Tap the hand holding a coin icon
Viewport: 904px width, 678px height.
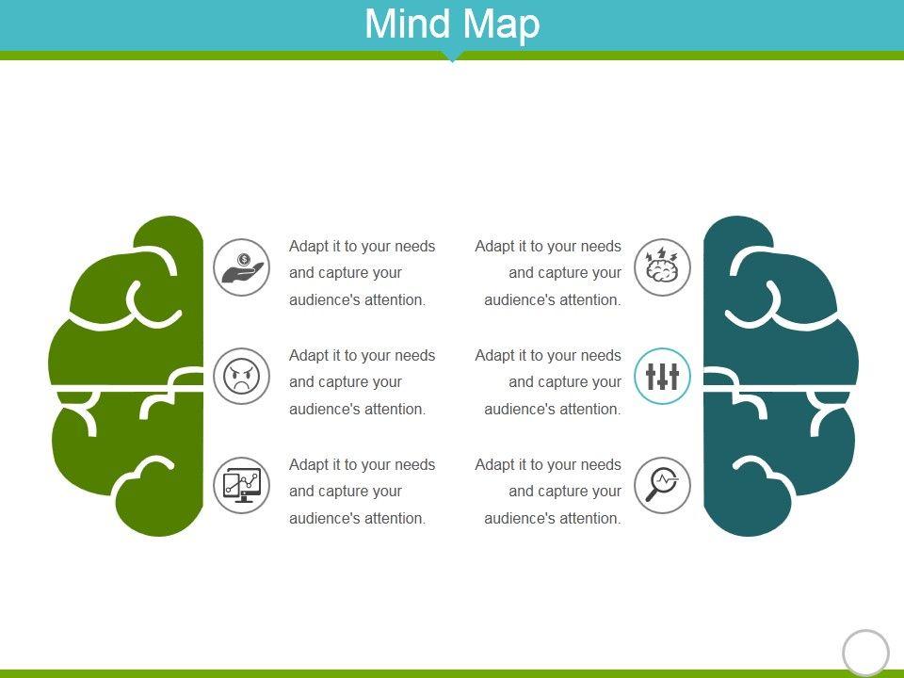241,267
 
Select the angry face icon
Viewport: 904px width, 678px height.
241,377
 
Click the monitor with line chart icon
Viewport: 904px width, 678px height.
241,486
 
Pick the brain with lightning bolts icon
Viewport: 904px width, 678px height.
663,267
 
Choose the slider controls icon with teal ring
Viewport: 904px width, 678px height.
663,377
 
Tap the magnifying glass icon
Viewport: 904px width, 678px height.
663,486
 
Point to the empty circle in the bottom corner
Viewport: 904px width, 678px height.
865,653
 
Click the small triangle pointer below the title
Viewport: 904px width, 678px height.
452,58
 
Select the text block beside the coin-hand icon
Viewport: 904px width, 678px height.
363,273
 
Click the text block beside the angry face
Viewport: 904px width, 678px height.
363,382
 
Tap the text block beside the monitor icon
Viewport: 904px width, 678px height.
363,492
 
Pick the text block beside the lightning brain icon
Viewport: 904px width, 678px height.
549,273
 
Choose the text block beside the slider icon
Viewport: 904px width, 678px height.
549,382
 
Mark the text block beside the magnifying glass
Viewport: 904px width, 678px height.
549,492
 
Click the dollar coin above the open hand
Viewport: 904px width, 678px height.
244,259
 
